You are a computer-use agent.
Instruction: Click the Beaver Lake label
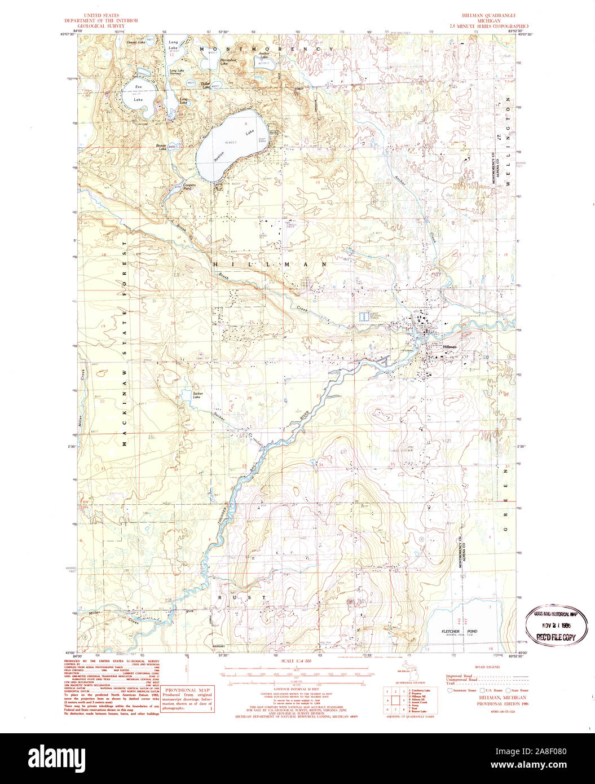(x=162, y=147)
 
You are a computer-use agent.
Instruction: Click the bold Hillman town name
(x=449, y=347)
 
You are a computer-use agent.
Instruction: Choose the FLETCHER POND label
(x=459, y=631)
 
